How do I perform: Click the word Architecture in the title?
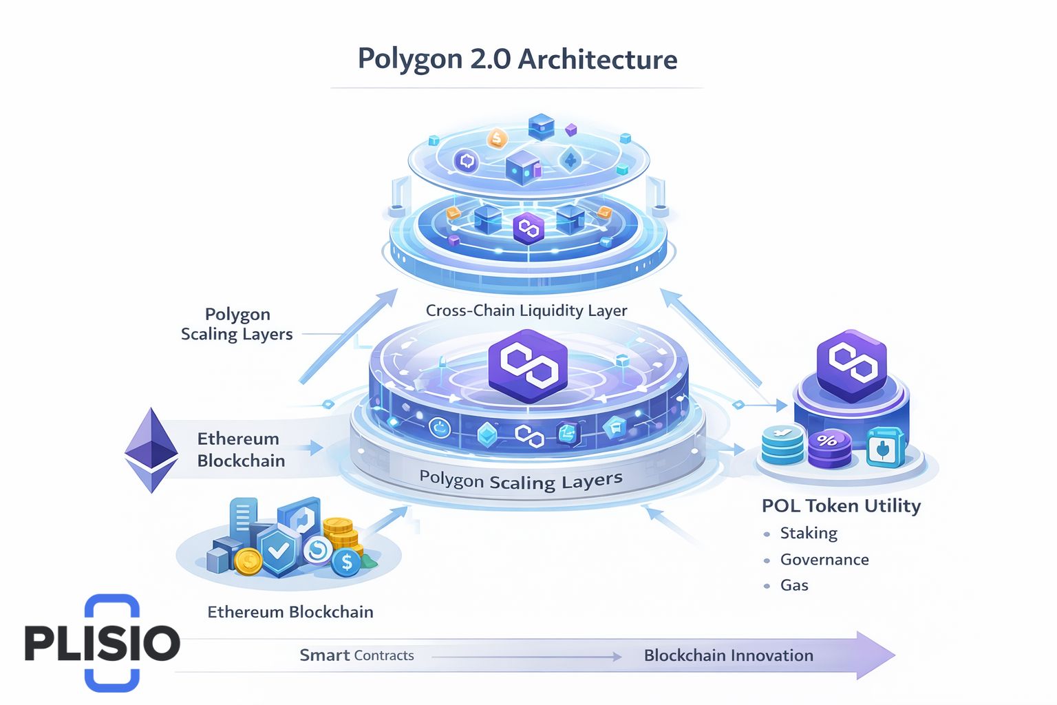597,59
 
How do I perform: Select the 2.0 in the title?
490,59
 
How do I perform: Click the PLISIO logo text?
102,643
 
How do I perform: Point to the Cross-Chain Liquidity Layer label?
526,311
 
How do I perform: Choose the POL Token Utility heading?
841,506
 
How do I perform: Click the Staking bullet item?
809,533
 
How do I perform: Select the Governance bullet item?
824,560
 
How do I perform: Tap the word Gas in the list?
794,585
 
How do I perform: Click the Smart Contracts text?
356,655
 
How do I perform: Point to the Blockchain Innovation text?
728,655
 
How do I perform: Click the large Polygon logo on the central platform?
528,366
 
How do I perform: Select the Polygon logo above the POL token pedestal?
851,364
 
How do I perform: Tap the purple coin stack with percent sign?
829,448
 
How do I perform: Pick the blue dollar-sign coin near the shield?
346,562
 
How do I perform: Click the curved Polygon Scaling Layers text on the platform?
521,480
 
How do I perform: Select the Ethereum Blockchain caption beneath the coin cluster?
290,612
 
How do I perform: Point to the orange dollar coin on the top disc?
497,139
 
